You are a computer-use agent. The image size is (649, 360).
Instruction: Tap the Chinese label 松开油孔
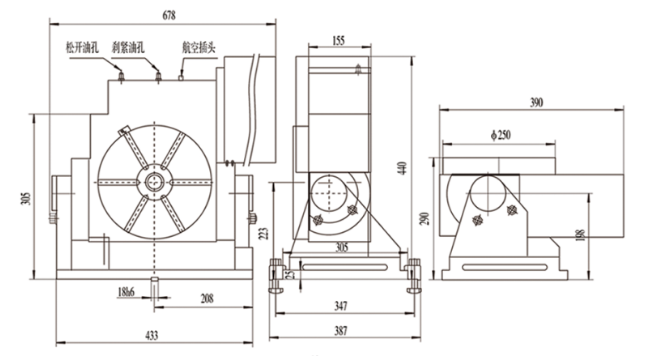(x=81, y=48)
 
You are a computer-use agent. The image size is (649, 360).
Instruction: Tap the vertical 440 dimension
(x=403, y=169)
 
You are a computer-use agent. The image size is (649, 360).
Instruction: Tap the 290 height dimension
(x=426, y=217)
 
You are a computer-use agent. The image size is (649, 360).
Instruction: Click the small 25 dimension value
(x=290, y=269)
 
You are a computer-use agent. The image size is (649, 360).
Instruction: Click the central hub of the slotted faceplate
(x=154, y=181)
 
